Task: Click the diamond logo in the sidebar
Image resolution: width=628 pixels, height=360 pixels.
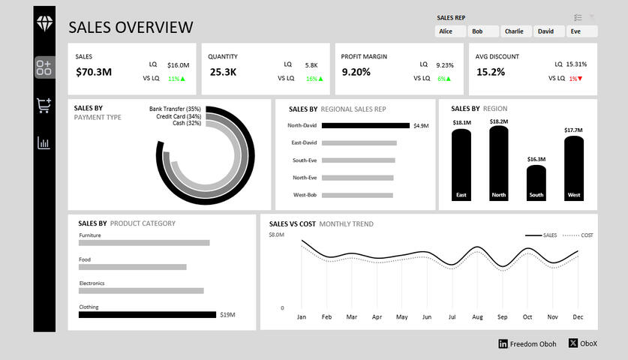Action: pyautogui.click(x=44, y=23)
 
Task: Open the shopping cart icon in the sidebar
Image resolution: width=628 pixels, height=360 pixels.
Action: pyautogui.click(x=44, y=106)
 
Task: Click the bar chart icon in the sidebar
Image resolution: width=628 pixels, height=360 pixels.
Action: pyautogui.click(x=44, y=142)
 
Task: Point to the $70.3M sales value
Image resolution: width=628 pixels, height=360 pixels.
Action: pyautogui.click(x=94, y=73)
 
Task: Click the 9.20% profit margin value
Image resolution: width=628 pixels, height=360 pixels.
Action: pyautogui.click(x=356, y=73)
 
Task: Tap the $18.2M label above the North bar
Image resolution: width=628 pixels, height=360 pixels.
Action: pyautogui.click(x=498, y=121)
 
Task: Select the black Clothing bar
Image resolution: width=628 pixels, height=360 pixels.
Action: pyautogui.click(x=147, y=315)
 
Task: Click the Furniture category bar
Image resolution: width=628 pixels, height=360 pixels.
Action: pyautogui.click(x=144, y=243)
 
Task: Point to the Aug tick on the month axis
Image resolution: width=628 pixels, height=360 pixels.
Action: pyautogui.click(x=477, y=317)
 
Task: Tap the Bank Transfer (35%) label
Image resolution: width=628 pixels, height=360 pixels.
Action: pyautogui.click(x=175, y=109)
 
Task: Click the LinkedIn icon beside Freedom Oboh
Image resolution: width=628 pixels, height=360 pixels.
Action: pyautogui.click(x=503, y=343)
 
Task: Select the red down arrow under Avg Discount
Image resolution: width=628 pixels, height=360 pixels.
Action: pyautogui.click(x=580, y=79)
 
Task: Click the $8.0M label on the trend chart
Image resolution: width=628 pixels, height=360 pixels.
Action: pyautogui.click(x=277, y=235)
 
